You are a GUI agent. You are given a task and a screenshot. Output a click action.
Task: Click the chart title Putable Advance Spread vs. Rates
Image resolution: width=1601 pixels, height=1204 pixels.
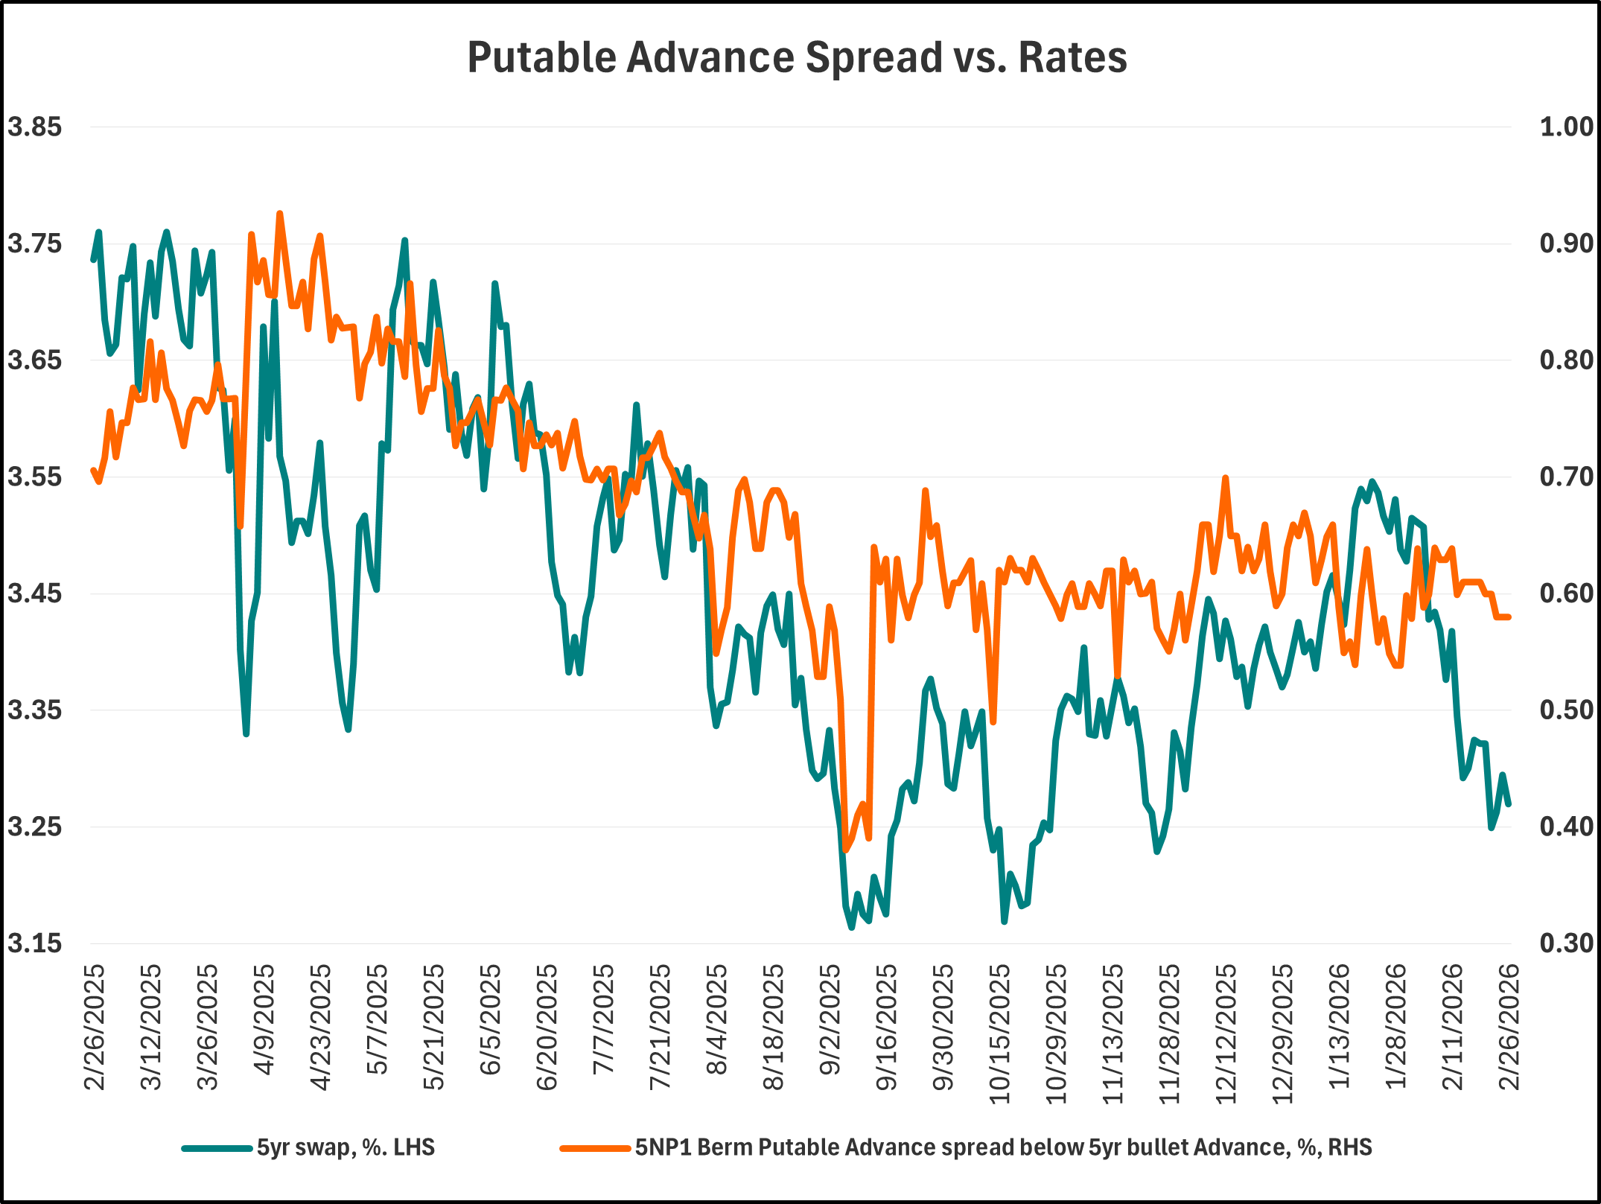coord(797,57)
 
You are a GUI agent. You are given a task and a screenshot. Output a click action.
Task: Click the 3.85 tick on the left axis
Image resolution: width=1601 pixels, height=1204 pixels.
coord(34,127)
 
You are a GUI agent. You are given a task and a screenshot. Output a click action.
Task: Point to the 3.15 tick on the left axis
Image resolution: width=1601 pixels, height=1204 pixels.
coord(34,943)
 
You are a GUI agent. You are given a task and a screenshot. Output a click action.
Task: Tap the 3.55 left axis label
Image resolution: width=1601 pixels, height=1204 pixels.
coord(34,477)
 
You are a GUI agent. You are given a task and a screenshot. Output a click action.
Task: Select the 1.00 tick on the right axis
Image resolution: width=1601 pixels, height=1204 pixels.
coord(1566,127)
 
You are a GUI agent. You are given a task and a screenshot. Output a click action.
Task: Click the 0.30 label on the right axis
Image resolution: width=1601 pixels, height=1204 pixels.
coord(1566,943)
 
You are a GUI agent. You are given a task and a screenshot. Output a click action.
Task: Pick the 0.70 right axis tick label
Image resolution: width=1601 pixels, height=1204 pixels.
coord(1566,477)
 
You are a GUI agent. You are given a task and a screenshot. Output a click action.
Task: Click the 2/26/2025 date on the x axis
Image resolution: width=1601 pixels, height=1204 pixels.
coord(95,1028)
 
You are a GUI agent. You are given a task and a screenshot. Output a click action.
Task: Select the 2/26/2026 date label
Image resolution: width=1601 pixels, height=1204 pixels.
coord(1509,1028)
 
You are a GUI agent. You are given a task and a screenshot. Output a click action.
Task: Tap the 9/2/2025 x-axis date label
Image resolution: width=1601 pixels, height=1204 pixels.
coord(830,1020)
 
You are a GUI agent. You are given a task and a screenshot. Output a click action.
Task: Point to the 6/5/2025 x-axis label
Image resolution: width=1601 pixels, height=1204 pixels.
coord(490,1020)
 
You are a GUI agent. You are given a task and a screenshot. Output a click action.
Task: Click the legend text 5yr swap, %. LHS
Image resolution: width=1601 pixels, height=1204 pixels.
coord(346,1147)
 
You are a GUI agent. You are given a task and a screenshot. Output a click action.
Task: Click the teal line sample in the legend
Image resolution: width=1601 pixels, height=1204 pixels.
coord(217,1148)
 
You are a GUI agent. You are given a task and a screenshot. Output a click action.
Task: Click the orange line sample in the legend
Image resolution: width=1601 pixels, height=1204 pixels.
coord(595,1148)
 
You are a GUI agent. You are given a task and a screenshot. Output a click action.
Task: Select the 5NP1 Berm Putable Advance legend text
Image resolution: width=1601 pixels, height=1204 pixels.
coord(1003,1147)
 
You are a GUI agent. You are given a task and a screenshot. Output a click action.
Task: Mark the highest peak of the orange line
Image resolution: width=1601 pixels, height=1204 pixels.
coord(280,214)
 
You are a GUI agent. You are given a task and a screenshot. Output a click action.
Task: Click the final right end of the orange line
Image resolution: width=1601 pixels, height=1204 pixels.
coord(1509,617)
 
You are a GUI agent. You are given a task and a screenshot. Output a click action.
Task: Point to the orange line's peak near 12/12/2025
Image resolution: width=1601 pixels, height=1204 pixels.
coord(1225,478)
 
